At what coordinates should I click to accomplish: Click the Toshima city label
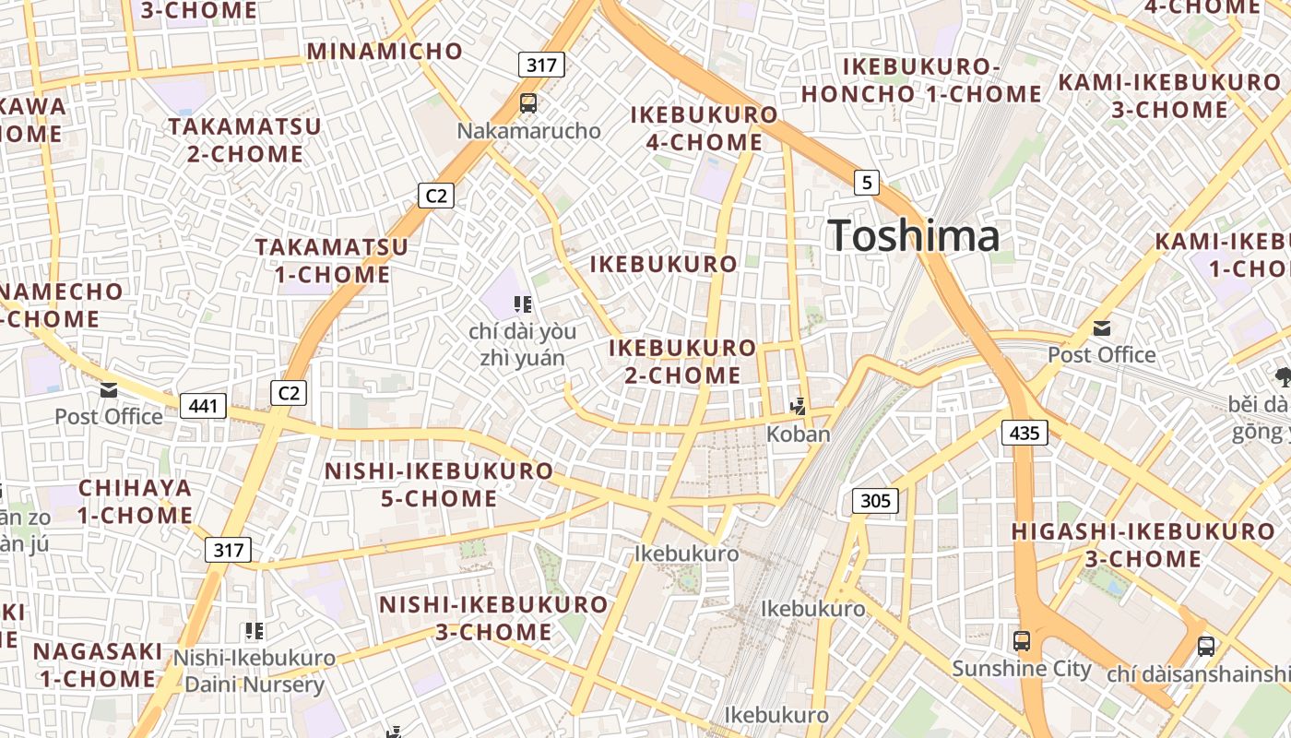tap(913, 236)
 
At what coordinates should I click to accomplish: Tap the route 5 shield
tap(865, 183)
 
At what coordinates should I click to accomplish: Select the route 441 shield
tap(203, 405)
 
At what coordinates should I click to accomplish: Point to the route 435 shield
tap(1025, 432)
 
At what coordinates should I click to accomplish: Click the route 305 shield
tap(874, 501)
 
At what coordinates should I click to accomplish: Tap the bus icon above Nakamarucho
tap(528, 103)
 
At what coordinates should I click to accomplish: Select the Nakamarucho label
tap(528, 131)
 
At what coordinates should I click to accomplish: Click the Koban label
tap(799, 434)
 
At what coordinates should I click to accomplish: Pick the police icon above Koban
tap(799, 406)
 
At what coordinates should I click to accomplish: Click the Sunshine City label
tap(1022, 669)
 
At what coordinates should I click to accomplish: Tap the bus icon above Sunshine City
tap(1022, 641)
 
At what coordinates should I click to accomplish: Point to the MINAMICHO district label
tap(385, 51)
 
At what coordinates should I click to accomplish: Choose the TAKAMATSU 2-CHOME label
tap(244, 140)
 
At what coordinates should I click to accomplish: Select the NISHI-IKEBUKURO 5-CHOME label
tap(439, 485)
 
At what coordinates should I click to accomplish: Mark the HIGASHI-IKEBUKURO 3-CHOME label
tap(1143, 545)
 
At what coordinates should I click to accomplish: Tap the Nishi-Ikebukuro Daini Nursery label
tap(255, 672)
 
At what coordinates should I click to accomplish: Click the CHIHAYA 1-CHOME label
tap(135, 502)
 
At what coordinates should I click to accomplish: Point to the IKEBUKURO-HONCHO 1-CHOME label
tap(921, 80)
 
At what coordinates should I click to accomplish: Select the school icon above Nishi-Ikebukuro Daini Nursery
tap(255, 631)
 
